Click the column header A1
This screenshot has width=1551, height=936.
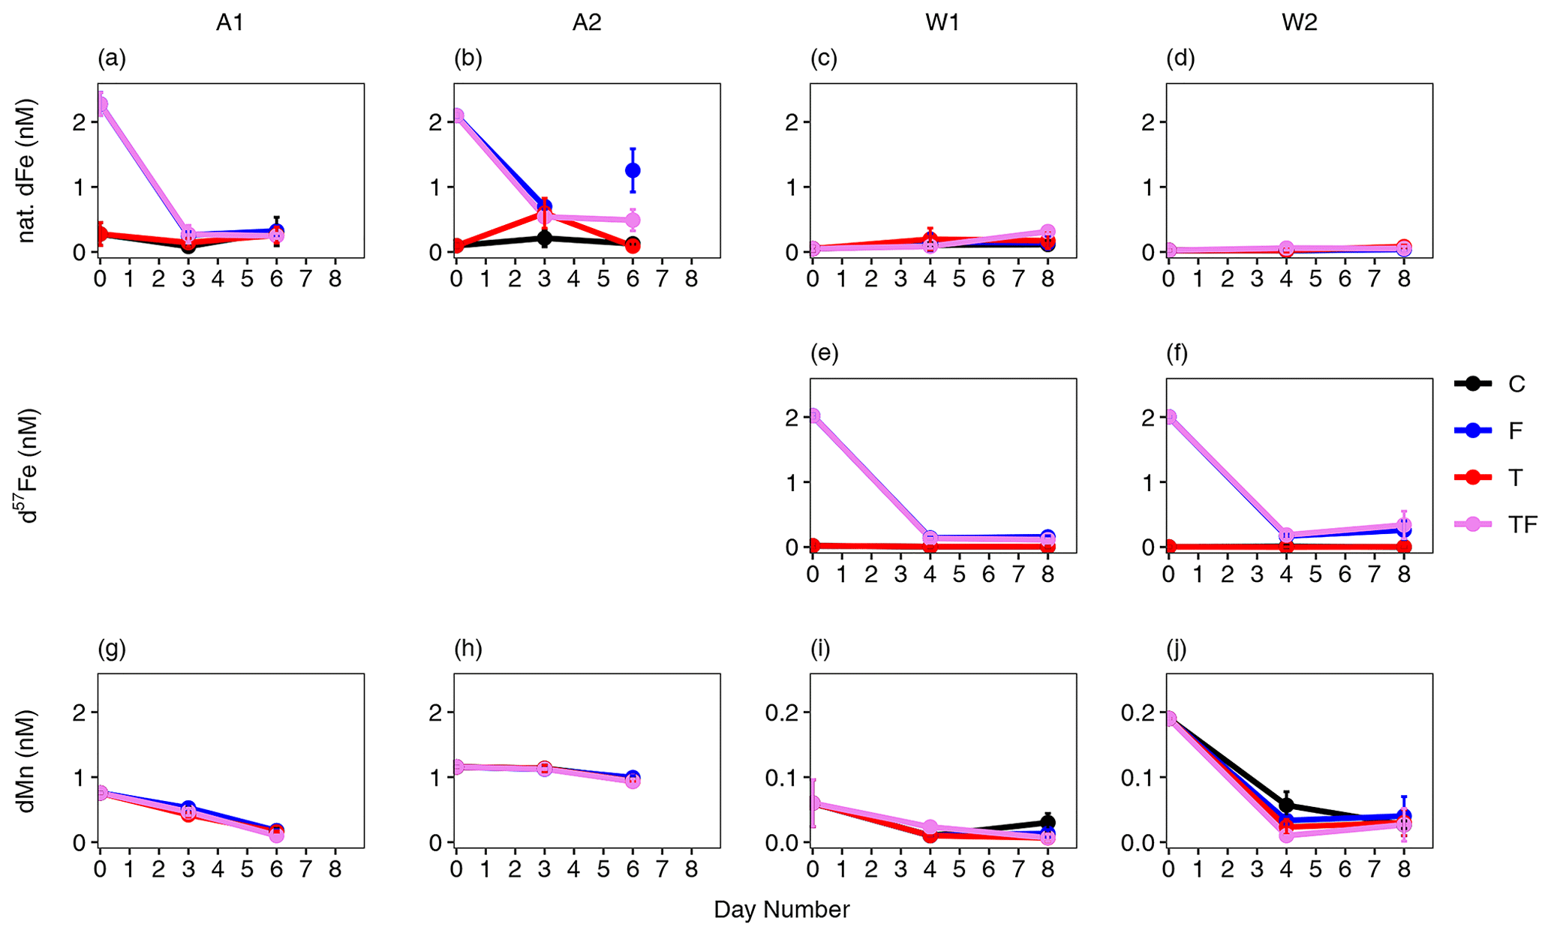coord(230,23)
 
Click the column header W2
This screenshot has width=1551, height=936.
coord(1299,23)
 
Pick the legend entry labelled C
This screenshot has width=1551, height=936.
coord(1516,384)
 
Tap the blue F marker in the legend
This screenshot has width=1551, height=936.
coord(1472,430)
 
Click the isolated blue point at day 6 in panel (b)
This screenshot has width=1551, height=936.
coord(633,170)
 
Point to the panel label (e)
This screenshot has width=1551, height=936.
coord(824,353)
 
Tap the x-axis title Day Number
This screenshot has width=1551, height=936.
coord(781,910)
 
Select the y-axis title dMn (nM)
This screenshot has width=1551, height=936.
coord(27,762)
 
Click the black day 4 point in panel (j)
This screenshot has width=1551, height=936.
coord(1286,805)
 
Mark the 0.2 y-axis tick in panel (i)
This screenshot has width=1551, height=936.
coord(783,712)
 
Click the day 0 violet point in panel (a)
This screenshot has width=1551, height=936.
coord(101,104)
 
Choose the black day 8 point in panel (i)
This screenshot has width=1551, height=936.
coord(1048,823)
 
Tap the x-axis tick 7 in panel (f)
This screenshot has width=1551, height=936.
coord(1375,575)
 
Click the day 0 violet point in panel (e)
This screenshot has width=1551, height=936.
coord(813,415)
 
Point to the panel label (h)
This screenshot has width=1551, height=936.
coord(467,649)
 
